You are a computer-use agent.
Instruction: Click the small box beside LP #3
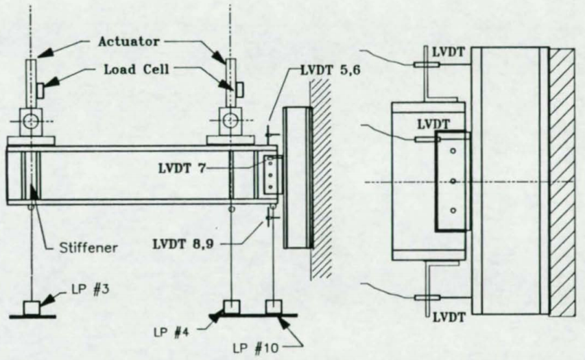coord(32,308)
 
